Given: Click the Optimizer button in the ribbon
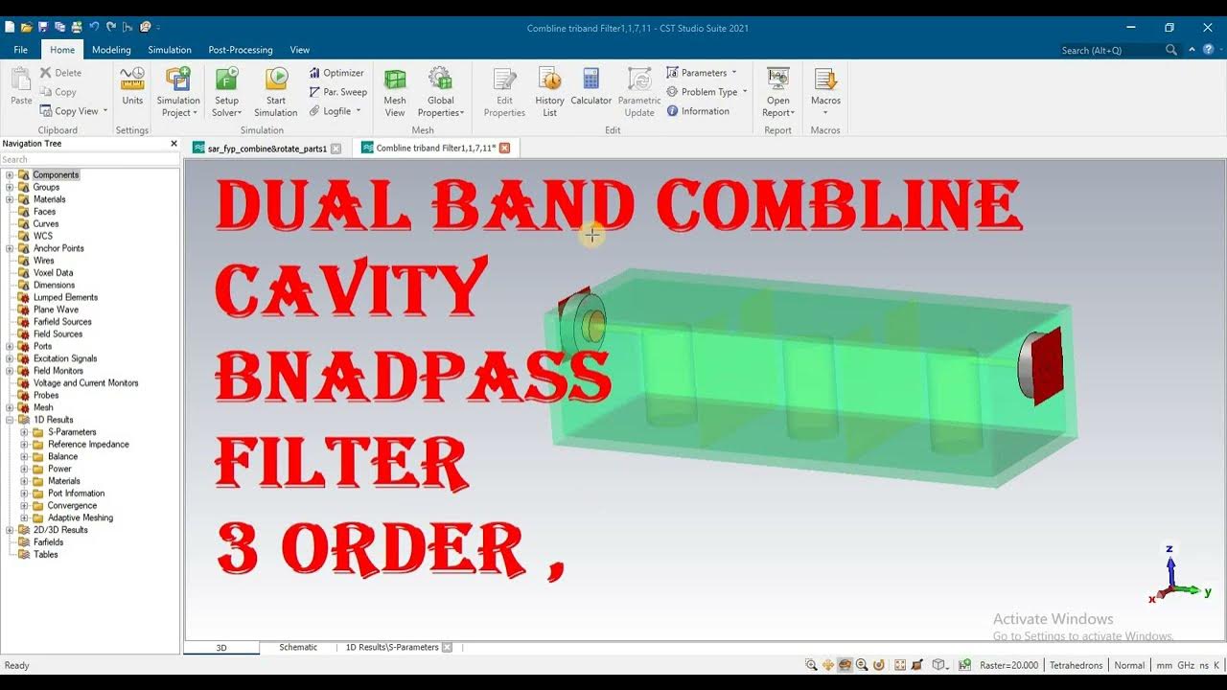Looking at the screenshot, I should pyautogui.click(x=336, y=73).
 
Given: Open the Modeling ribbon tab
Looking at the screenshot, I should pyautogui.click(x=111, y=50).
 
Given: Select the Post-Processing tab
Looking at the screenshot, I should pyautogui.click(x=240, y=50).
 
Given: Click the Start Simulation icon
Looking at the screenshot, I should pyautogui.click(x=276, y=80).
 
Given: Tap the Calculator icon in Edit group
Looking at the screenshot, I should pyautogui.click(x=590, y=80).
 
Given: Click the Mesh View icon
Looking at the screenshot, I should pyautogui.click(x=395, y=80).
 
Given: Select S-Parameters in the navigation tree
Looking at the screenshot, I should pyautogui.click(x=72, y=432).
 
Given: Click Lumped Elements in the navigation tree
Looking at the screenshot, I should pyautogui.click(x=65, y=297).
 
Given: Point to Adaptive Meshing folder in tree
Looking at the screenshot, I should pyautogui.click(x=81, y=517).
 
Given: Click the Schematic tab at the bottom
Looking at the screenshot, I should pyautogui.click(x=298, y=648).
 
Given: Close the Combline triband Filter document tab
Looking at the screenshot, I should pyautogui.click(x=505, y=149).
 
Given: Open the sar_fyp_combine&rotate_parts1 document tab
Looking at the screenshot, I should pyautogui.click(x=266, y=149).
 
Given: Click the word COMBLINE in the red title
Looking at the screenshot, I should pyautogui.click(x=839, y=206).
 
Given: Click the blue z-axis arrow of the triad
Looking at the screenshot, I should pyautogui.click(x=1169, y=565).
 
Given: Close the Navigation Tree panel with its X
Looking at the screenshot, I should pyautogui.click(x=174, y=144).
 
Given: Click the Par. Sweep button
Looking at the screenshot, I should pyautogui.click(x=337, y=92).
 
